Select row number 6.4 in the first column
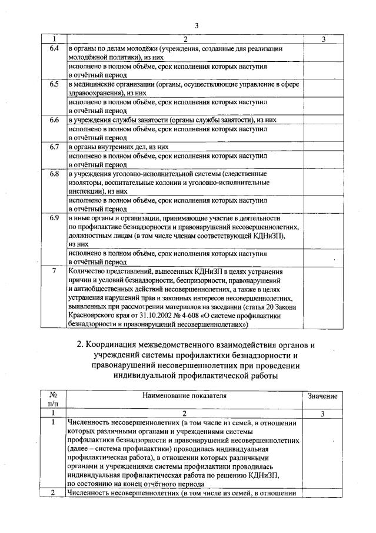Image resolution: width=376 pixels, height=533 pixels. pos(54,48)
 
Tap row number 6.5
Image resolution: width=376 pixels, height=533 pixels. pos(54,84)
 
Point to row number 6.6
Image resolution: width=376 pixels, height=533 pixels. pos(54,120)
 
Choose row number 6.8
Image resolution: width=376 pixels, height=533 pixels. pos(54,174)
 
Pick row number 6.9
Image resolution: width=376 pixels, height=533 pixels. pos(54,219)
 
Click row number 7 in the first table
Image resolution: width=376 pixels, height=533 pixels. pos(54,272)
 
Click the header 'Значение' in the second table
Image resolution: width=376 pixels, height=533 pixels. pos(322,396)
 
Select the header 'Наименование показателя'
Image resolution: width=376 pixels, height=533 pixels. pos(184,396)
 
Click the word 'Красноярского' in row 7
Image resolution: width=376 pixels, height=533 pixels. pos(92,315)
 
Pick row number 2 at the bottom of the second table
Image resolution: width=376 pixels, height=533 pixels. pos(54,492)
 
